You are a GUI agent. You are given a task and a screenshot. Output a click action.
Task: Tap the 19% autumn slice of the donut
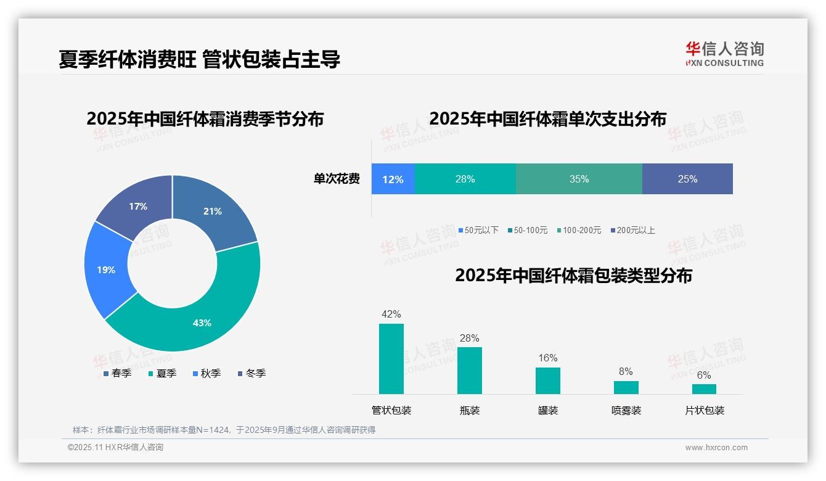[106, 269]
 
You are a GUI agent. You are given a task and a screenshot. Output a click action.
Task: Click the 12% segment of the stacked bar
[393, 179]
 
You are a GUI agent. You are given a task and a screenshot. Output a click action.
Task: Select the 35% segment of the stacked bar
[579, 179]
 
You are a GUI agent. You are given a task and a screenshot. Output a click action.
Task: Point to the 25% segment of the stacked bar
[687, 179]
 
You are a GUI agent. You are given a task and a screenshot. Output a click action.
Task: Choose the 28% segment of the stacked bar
[465, 179]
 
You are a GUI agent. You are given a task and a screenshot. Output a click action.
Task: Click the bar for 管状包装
[391, 359]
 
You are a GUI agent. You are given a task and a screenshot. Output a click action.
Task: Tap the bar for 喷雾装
[626, 387]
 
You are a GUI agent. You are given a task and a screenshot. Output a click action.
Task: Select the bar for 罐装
[547, 380]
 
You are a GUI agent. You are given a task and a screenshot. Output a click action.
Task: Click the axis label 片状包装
[705, 411]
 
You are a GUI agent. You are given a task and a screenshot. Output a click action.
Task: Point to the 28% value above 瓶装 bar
[469, 338]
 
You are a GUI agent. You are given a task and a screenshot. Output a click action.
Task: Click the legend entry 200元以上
[636, 230]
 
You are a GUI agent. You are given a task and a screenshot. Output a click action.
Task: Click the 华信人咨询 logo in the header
[724, 54]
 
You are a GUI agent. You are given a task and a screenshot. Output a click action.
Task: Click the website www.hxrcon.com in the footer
[716, 448]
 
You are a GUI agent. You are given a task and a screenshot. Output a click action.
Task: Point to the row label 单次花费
[337, 179]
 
